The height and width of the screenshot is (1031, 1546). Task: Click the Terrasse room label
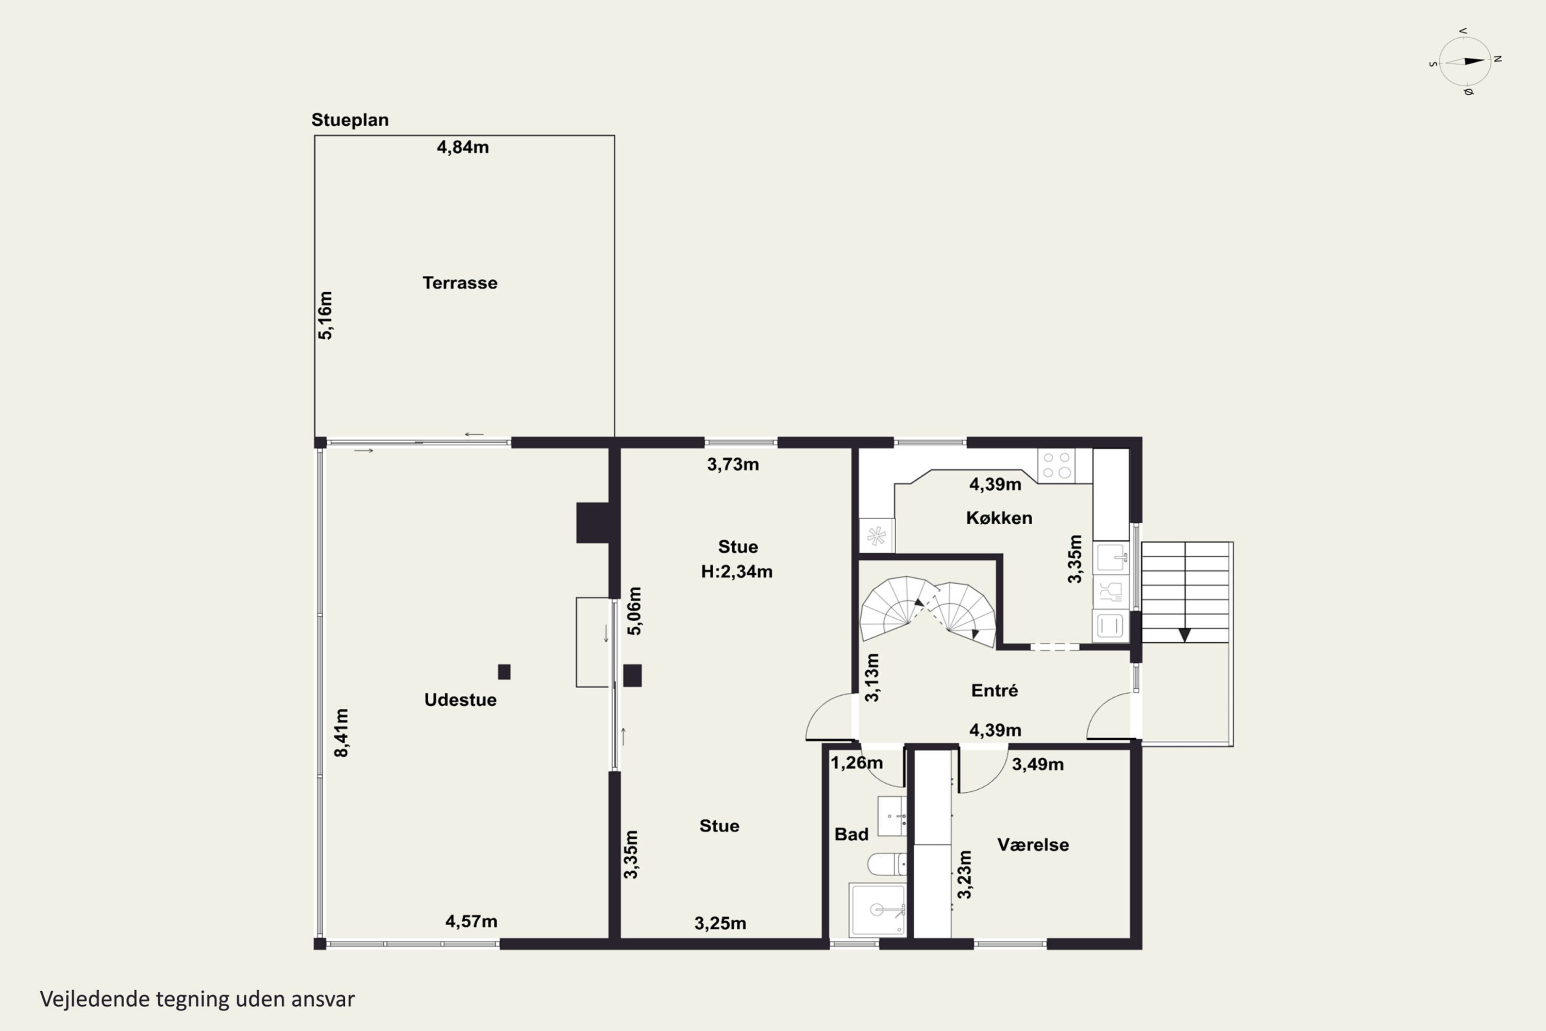460,282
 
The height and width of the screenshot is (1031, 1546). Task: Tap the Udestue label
460,700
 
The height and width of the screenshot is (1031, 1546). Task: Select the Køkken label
999,518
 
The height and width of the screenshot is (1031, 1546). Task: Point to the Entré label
995,690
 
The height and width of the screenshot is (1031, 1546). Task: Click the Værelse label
1033,844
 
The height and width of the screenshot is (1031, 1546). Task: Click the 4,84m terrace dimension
463,147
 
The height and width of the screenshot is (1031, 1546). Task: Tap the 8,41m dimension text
341,733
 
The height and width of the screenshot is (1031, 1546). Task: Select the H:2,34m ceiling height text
736,571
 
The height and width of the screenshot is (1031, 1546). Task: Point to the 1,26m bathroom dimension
856,763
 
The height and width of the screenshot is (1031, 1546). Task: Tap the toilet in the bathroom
886,864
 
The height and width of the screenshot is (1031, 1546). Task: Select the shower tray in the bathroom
878,910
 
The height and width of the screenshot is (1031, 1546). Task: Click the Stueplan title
350,120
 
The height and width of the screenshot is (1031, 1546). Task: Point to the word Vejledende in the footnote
95,999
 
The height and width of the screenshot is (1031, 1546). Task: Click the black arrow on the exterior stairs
1184,635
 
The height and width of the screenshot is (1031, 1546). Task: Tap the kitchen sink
1111,558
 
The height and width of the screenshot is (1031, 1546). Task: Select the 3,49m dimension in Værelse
1037,764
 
